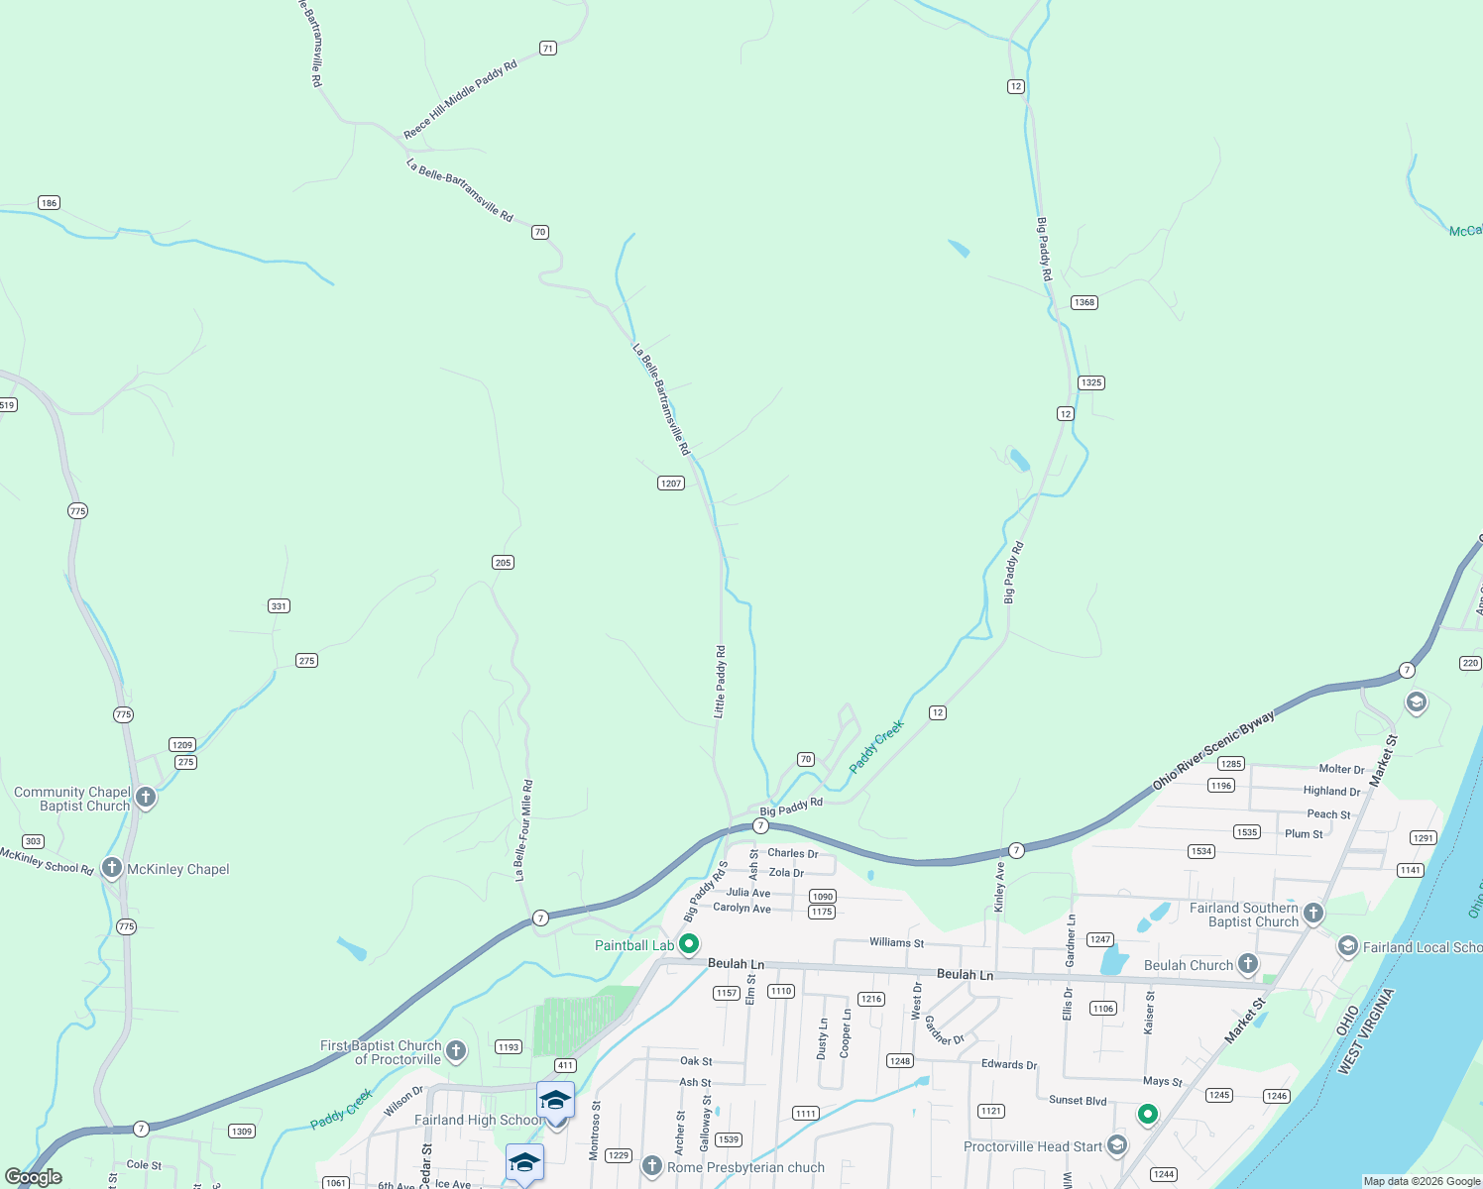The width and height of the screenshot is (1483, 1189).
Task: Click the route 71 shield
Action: coord(548,48)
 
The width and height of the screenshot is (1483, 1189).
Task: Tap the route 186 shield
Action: coord(49,202)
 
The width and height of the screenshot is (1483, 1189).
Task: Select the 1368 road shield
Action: coord(1084,302)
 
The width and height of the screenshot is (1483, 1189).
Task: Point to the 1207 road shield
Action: coord(671,483)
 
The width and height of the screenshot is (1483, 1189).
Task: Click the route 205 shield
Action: coord(503,562)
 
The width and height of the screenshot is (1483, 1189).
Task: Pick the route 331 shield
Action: coord(279,605)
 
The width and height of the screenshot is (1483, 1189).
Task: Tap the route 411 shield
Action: coord(565,1065)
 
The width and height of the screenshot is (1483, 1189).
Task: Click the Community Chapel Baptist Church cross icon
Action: coord(146,798)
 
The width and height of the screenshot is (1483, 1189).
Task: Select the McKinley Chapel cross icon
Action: coord(112,869)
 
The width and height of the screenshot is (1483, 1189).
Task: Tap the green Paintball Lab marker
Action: coord(690,944)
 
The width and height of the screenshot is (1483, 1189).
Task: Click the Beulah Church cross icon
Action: coord(1248,963)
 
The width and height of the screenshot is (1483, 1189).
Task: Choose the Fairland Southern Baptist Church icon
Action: coord(1313,914)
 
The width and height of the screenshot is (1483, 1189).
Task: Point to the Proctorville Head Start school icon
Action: coord(1117,1145)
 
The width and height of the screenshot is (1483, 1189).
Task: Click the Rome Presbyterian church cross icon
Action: coord(652,1166)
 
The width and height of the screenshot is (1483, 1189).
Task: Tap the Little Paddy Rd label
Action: coord(721,682)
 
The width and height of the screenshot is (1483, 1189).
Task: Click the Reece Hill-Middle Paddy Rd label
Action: coord(460,99)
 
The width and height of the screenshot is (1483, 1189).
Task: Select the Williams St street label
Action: coord(896,942)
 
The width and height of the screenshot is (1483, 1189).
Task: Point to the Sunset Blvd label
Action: coord(1078,1100)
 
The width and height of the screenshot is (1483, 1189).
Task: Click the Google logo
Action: coord(34,1177)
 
